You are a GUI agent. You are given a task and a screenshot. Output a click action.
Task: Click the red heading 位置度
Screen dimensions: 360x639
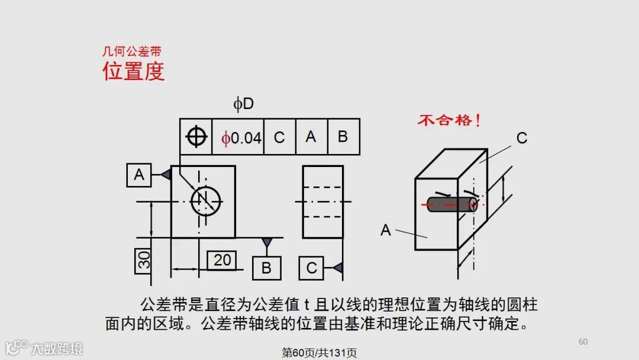(x=133, y=71)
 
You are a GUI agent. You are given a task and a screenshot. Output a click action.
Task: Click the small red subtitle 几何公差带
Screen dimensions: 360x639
(x=131, y=52)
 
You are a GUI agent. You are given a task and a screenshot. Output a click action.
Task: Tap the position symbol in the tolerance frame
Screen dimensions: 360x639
(x=196, y=137)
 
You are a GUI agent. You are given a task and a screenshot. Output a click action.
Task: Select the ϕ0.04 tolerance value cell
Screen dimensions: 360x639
(x=238, y=137)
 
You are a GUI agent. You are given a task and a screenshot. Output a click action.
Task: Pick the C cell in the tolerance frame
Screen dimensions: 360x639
(x=279, y=137)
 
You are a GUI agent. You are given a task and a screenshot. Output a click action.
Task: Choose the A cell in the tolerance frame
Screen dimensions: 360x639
(x=311, y=137)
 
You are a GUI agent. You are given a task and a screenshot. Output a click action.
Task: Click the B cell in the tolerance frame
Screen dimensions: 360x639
(x=343, y=137)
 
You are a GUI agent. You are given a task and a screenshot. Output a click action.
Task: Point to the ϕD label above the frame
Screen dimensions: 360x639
(x=243, y=104)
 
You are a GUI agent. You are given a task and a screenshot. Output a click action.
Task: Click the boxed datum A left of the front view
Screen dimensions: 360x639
(x=139, y=175)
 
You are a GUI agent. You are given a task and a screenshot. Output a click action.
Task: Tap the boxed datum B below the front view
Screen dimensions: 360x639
(x=266, y=268)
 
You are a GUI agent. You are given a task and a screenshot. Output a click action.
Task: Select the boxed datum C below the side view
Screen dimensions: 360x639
(x=311, y=268)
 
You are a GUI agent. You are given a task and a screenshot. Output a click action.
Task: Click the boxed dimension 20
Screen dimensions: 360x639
(x=222, y=260)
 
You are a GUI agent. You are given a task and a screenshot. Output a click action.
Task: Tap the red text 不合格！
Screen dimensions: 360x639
(x=449, y=121)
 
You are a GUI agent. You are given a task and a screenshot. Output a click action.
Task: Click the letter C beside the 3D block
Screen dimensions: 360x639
(x=521, y=139)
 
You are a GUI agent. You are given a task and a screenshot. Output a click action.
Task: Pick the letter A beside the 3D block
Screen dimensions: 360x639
(x=386, y=230)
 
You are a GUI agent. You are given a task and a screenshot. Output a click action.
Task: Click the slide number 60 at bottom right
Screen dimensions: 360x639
(x=583, y=342)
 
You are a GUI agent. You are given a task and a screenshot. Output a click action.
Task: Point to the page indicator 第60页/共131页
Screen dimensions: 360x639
(x=319, y=353)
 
